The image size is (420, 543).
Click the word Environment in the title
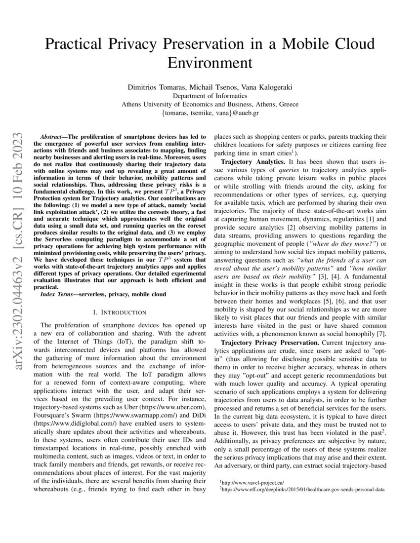point(210,63)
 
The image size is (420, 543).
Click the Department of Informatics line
point(210,96)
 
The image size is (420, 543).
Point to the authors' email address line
point(210,113)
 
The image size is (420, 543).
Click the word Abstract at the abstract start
point(52,135)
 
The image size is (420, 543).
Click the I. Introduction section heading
point(120,312)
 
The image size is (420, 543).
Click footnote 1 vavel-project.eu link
point(248,481)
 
